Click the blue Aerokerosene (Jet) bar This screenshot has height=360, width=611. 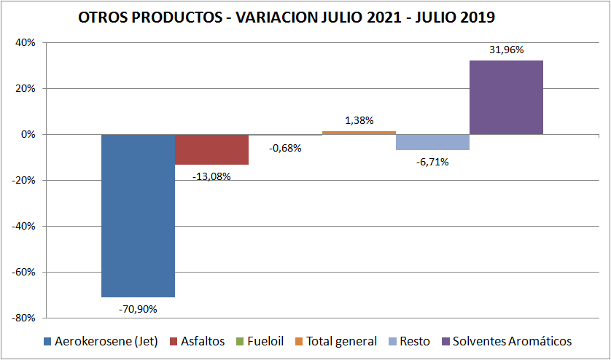(138, 215)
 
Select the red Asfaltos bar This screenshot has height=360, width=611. (211, 149)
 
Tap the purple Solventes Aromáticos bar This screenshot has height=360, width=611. (506, 97)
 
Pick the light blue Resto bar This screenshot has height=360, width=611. (432, 142)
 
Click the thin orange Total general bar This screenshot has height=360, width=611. (359, 133)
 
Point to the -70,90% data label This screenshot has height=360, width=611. (138, 309)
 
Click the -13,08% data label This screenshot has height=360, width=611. (211, 176)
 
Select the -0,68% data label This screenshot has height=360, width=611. (285, 148)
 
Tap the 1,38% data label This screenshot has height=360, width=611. (359, 120)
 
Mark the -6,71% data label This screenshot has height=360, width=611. (432, 162)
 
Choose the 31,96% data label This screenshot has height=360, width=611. (506, 50)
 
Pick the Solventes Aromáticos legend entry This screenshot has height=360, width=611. (512, 341)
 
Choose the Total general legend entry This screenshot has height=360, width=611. (341, 341)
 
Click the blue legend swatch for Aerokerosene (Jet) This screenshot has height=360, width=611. (47, 341)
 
